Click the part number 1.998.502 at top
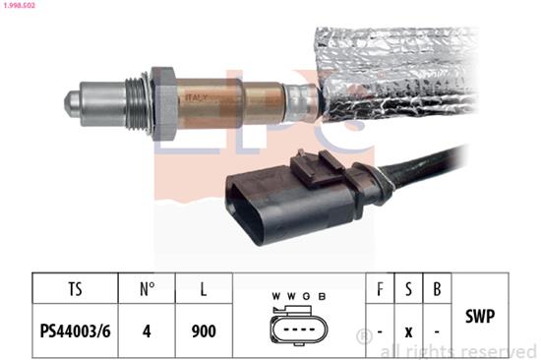[18, 6]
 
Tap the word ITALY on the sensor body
[197, 97]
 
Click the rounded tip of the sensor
[72, 103]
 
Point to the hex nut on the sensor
[164, 103]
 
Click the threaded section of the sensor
[136, 103]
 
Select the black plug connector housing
[291, 203]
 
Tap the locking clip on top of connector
[316, 168]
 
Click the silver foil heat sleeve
[396, 73]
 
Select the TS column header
[75, 289]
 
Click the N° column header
[148, 289]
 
